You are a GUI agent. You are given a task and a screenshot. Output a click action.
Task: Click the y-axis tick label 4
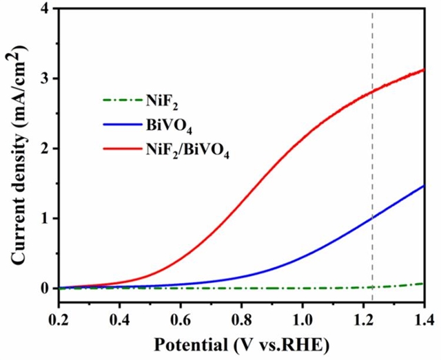pyautogui.click(x=45, y=10)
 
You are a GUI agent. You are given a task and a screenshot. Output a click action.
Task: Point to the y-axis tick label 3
pyautogui.click(x=45, y=79)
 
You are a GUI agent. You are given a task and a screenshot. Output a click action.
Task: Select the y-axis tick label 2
pyautogui.click(x=45, y=149)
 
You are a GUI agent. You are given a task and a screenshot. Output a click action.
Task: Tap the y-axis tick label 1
pyautogui.click(x=45, y=218)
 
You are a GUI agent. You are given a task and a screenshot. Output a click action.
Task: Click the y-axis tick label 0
pyautogui.click(x=45, y=288)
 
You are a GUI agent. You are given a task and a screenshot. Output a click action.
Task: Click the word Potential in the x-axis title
pyautogui.click(x=185, y=343)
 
